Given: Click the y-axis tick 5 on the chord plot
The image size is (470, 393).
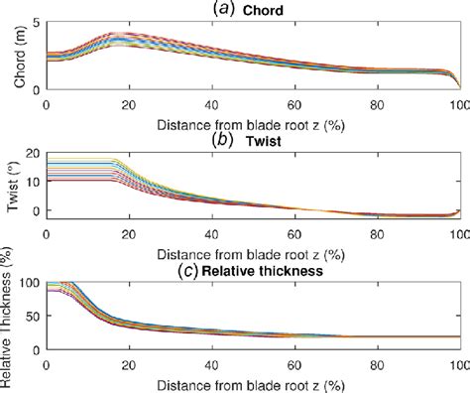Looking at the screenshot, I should (x=38, y=23).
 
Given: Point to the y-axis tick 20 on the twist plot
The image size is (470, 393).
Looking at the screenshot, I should (x=34, y=155).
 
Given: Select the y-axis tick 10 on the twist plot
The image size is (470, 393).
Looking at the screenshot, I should (x=34, y=184).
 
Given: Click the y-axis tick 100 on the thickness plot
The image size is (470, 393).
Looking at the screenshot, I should (x=30, y=285).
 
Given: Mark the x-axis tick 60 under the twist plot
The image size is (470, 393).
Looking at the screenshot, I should (x=294, y=234).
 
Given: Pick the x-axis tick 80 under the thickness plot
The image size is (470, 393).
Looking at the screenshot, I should (x=377, y=363).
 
